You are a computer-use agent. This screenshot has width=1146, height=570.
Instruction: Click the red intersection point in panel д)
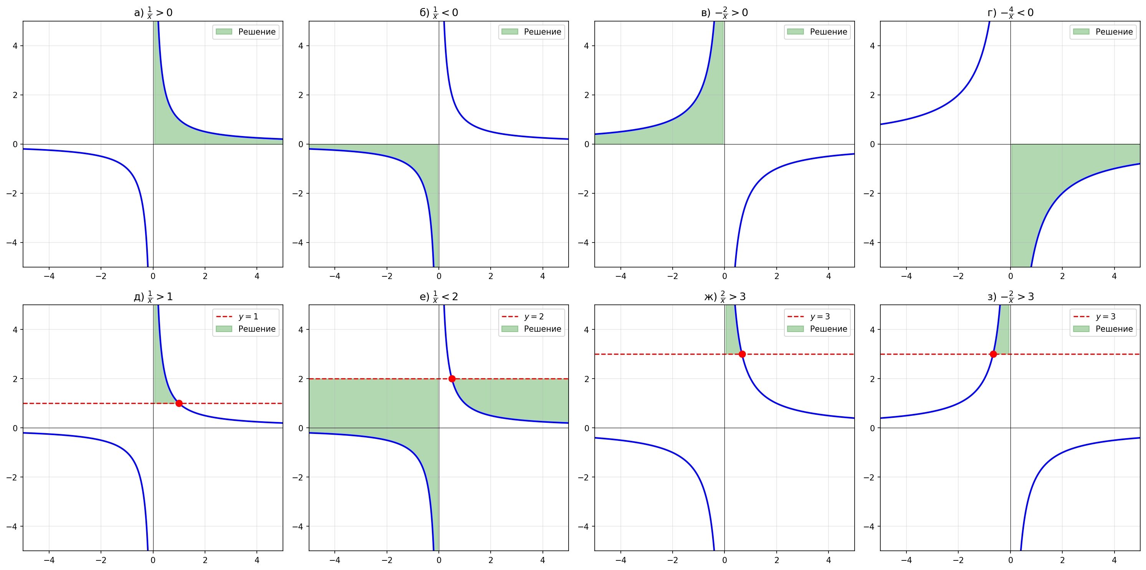click(179, 404)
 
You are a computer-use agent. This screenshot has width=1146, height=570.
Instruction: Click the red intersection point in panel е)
click(452, 379)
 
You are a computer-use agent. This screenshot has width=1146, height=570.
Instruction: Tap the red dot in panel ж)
click(742, 354)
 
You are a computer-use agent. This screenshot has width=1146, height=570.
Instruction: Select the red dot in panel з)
click(994, 354)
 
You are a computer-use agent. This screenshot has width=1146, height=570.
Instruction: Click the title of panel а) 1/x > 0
click(153, 12)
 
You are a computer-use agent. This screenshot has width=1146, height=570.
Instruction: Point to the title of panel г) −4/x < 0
click(1010, 12)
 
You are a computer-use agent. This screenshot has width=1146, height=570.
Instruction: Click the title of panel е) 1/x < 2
click(439, 297)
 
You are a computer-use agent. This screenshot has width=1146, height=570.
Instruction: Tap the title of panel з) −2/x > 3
click(1010, 297)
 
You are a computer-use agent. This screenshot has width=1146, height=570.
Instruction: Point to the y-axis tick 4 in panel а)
click(15, 46)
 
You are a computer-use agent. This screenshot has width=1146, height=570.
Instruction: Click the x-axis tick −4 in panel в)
click(620, 276)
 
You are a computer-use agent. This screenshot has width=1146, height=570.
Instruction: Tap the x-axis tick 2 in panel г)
click(1062, 276)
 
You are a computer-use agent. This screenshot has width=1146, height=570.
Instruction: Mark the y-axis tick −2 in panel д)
click(12, 477)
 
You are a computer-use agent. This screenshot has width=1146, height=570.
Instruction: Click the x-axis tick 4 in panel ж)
click(828, 560)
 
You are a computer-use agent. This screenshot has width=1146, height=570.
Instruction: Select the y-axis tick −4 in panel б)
click(298, 243)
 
